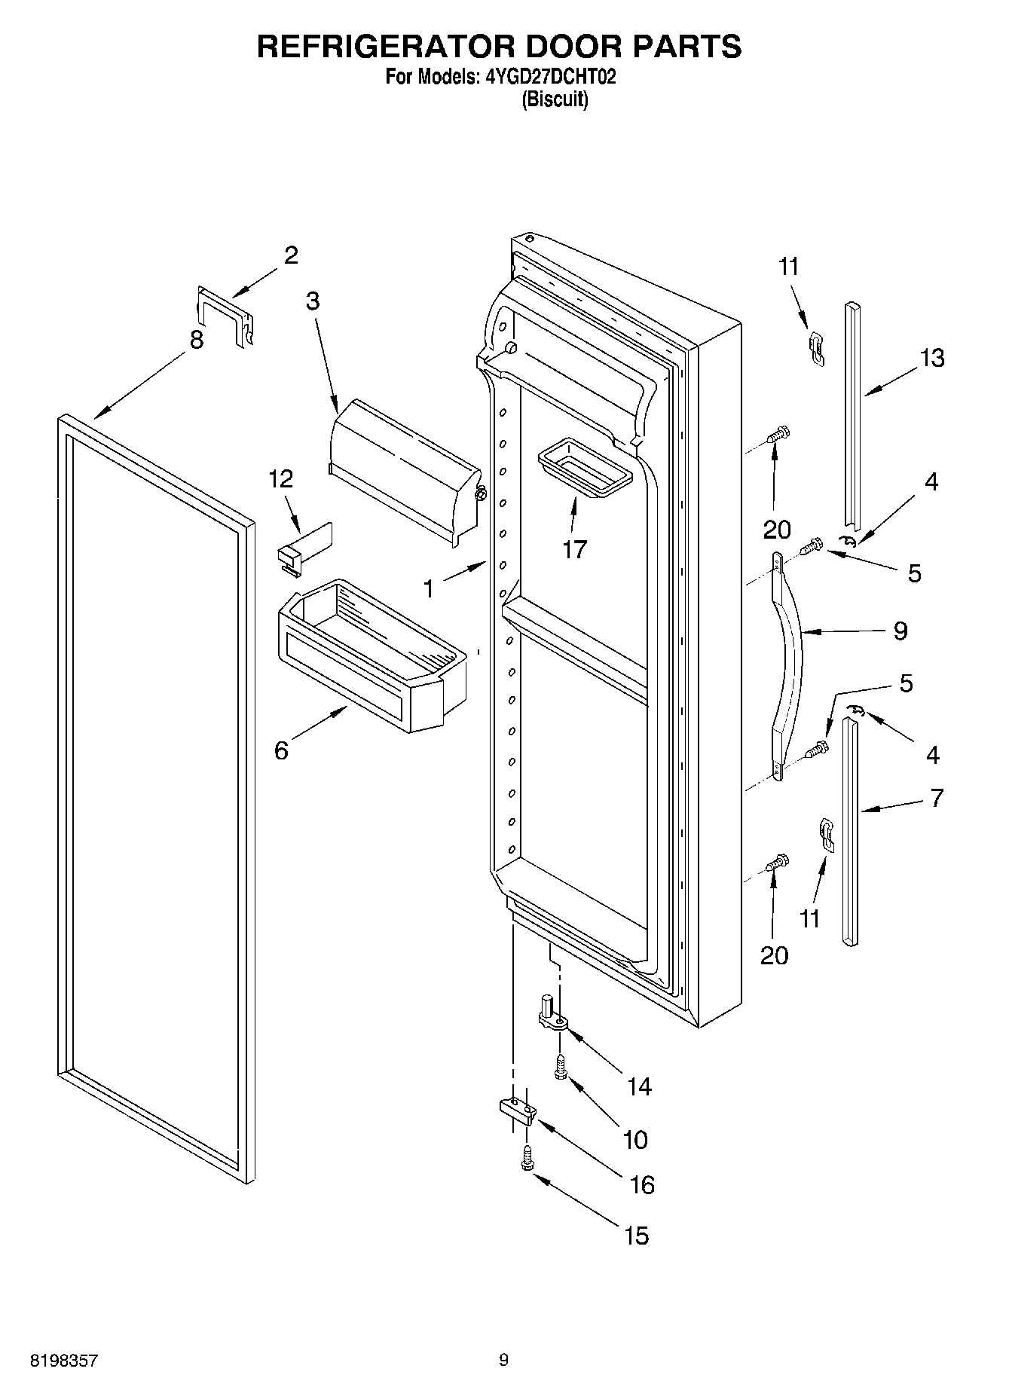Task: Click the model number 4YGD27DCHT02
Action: pyautogui.click(x=547, y=77)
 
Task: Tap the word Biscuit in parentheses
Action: pyautogui.click(x=555, y=99)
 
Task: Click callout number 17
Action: pyautogui.click(x=574, y=549)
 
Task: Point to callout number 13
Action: pyautogui.click(x=932, y=358)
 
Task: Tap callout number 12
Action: pyautogui.click(x=281, y=478)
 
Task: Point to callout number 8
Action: pyautogui.click(x=197, y=340)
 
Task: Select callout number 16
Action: pyautogui.click(x=642, y=1185)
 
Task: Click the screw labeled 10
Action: pyautogui.click(x=560, y=1067)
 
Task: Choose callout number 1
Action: pyautogui.click(x=429, y=588)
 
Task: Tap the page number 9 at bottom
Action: pyautogui.click(x=503, y=1360)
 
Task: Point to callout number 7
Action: pyautogui.click(x=937, y=798)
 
